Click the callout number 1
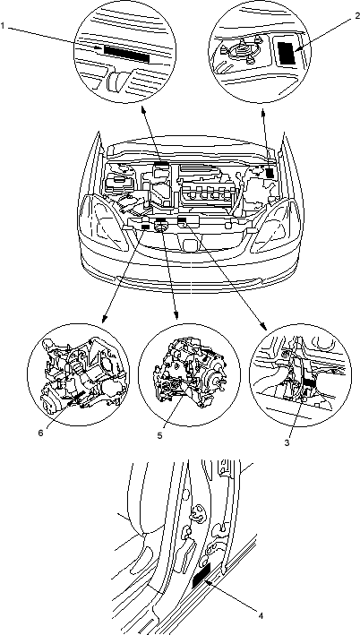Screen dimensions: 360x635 point(3,26)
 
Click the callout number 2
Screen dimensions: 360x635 point(357,16)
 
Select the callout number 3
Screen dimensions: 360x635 point(287,442)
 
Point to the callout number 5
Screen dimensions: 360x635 point(160,435)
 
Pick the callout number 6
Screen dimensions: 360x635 point(40,433)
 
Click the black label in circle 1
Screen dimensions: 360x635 point(127,54)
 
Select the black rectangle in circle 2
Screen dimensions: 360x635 point(287,51)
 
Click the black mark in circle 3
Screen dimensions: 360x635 point(310,383)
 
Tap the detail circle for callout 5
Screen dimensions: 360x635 point(189,374)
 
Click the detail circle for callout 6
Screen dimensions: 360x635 point(79,374)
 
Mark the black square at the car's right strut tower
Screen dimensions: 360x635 point(270,174)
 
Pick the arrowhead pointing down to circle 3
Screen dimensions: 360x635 point(262,328)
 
